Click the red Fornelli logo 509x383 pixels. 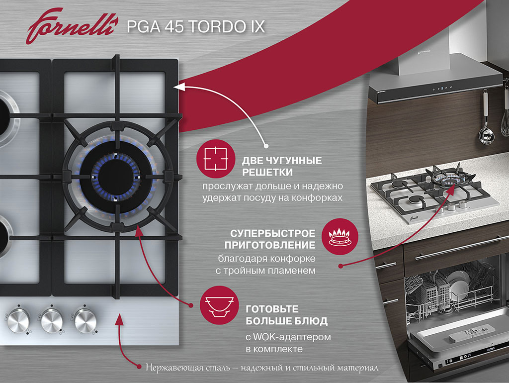tap(71, 26)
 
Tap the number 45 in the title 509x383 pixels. tap(174, 26)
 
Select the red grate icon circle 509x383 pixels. tap(216, 159)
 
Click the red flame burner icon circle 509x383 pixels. tap(340, 236)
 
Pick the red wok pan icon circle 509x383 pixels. tap(219, 305)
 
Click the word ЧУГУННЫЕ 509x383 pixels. tap(294, 160)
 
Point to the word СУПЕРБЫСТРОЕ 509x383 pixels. tap(273, 233)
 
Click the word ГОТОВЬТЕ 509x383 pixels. tap(272, 308)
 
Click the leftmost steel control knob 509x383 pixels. tap(18, 320)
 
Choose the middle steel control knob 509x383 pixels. tap(52, 320)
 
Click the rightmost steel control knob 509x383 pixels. tap(85, 320)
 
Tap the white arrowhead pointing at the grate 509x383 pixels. tap(179, 87)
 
